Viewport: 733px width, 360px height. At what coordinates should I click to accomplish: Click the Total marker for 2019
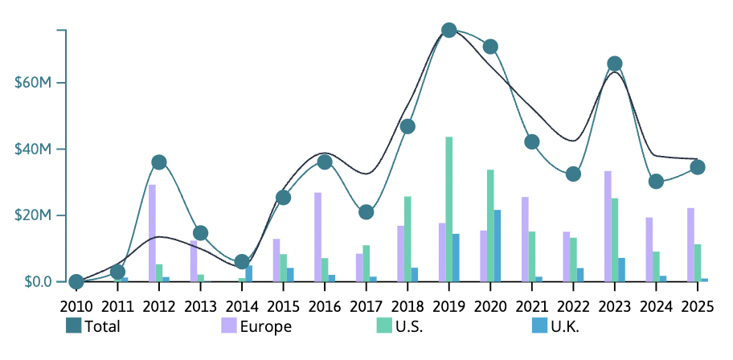click(x=449, y=31)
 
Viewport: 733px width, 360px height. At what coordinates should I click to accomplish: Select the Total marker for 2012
click(x=159, y=162)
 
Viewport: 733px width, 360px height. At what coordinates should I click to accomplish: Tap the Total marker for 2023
click(x=615, y=64)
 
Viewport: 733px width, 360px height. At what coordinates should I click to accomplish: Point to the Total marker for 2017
click(x=366, y=212)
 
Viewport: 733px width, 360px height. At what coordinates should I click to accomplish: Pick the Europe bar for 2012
click(x=152, y=233)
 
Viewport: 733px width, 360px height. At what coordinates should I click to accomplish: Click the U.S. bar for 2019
click(x=449, y=209)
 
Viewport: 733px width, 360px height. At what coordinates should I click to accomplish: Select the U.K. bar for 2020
click(x=498, y=246)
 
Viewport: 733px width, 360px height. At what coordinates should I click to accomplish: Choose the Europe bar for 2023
click(x=608, y=227)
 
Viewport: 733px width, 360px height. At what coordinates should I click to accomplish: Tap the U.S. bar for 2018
click(x=407, y=239)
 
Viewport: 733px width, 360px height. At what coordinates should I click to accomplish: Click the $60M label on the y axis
click(x=34, y=83)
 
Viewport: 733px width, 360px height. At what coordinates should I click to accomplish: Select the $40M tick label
click(x=34, y=149)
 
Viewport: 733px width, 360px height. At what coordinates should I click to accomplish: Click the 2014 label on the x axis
click(x=242, y=305)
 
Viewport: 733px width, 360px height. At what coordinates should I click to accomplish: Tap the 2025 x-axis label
click(x=698, y=305)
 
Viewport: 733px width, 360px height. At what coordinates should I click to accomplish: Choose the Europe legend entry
click(x=256, y=326)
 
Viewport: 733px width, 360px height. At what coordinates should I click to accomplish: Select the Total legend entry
click(x=92, y=326)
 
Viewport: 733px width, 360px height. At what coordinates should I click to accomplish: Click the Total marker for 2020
click(x=490, y=47)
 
